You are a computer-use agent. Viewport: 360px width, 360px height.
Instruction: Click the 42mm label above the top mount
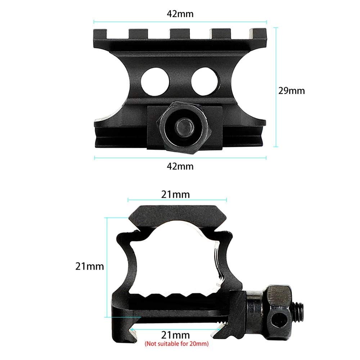[x=180, y=14]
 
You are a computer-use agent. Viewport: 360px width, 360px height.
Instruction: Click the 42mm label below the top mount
[x=180, y=166]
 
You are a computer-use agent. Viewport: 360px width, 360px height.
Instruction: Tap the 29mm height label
[x=291, y=91]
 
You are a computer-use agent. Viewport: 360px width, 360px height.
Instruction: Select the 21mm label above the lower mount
[x=175, y=195]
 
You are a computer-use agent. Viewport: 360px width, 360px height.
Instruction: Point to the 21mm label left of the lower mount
[x=90, y=266]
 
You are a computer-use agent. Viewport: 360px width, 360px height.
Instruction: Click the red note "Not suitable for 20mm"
[x=176, y=344]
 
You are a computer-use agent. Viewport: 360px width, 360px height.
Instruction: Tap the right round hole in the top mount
[x=204, y=81]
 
